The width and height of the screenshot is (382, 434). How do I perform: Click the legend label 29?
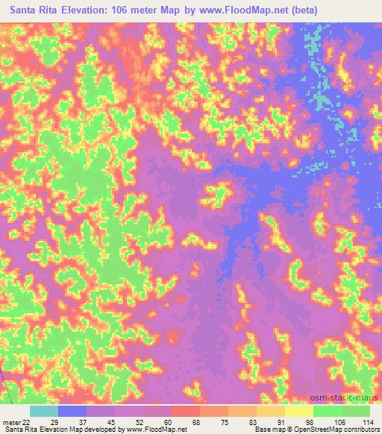(64, 421)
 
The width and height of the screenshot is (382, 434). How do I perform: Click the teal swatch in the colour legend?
(44, 411)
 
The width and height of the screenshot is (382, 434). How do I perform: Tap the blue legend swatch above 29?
(72, 411)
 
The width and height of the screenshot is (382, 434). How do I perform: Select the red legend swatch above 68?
(186, 411)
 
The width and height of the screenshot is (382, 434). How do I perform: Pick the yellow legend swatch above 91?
(271, 411)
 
